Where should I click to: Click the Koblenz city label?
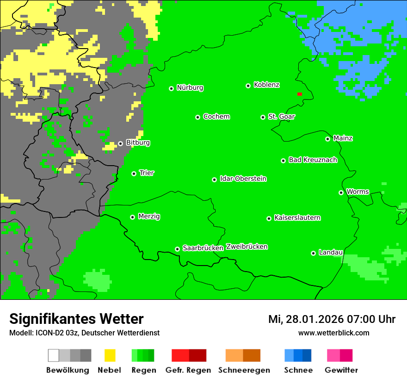pos(266,85)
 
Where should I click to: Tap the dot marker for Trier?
pos(134,173)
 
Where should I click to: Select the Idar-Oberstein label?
pos(243,179)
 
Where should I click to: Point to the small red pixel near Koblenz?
pos(300,94)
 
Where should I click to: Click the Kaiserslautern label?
pos(297,218)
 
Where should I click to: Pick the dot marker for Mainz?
pos(327,139)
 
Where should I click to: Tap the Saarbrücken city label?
pos(203,248)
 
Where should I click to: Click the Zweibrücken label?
pos(247,247)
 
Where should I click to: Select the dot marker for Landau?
pos(313,253)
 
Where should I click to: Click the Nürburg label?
pos(190,88)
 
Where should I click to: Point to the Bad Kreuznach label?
pos(313,160)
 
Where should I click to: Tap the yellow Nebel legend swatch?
pos(110,355)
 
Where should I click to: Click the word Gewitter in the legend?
pos(341,370)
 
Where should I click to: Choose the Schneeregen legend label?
pos(244,370)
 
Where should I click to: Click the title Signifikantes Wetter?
pos(76,319)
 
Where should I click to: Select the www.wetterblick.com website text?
pos(333,333)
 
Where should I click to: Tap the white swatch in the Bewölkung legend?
pos(53,355)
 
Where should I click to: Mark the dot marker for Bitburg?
pos(120,143)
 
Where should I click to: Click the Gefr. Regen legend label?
pos(188,370)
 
